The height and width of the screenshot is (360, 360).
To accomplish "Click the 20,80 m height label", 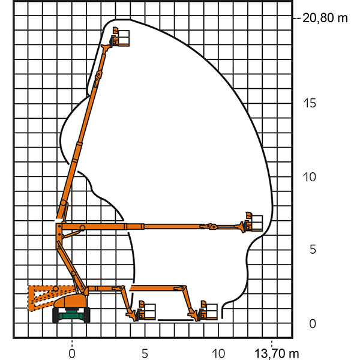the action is pyautogui.click(x=325, y=18).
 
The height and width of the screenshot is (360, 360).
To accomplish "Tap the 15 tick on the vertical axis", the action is pyautogui.click(x=310, y=103).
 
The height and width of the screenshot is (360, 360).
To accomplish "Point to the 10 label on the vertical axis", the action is pyautogui.click(x=309, y=177).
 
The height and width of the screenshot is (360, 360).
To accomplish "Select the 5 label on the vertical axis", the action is pyautogui.click(x=313, y=250).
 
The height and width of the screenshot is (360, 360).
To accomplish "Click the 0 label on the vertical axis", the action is pyautogui.click(x=313, y=324).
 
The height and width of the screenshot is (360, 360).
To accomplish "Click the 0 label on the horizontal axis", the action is pyautogui.click(x=72, y=353).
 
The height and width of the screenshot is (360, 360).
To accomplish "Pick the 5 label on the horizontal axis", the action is pyautogui.click(x=145, y=353).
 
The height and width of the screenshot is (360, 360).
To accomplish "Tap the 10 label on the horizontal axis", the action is pyautogui.click(x=218, y=353).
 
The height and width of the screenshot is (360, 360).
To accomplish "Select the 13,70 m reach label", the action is pyautogui.click(x=277, y=353).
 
